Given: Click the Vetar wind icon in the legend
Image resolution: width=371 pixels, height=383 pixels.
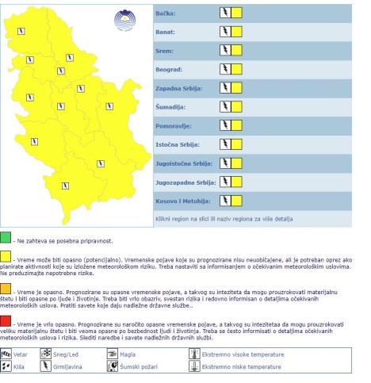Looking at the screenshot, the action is click(10, 355).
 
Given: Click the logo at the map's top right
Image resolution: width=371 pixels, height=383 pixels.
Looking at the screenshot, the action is click(124, 20).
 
